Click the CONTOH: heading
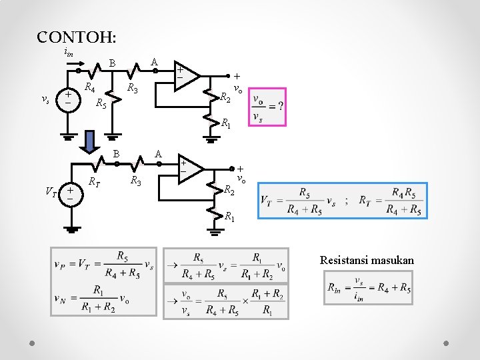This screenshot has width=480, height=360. [x=77, y=37]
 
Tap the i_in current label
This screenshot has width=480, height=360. [x=69, y=52]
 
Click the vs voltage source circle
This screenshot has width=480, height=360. [x=68, y=98]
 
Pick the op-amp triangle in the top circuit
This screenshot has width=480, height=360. [x=186, y=75]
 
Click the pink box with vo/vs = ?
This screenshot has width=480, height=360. [x=267, y=107]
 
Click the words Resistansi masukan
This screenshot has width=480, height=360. [x=367, y=260]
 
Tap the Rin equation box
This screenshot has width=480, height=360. [x=368, y=288]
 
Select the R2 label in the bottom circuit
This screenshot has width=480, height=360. [x=229, y=189]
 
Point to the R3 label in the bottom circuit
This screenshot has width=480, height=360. [x=135, y=181]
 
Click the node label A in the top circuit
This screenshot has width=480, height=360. [x=154, y=62]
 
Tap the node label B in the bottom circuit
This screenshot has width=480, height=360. [x=115, y=154]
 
